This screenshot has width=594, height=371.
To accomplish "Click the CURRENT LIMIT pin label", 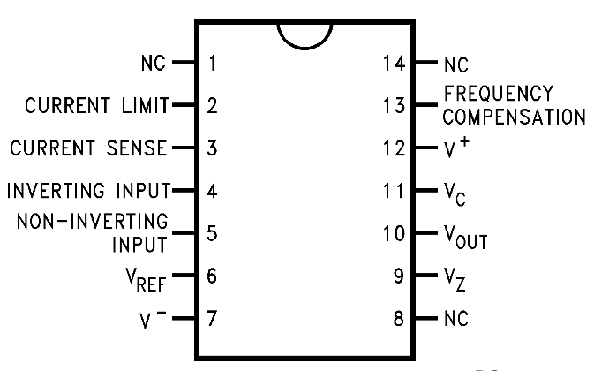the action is pyautogui.click(x=97, y=105).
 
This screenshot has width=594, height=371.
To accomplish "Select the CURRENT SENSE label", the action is pyautogui.click(x=88, y=148).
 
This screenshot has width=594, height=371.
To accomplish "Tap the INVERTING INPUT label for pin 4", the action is pyautogui.click(x=88, y=190).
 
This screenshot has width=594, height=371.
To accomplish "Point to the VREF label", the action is pyautogui.click(x=146, y=280).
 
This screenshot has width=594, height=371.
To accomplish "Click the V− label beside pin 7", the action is pyautogui.click(x=153, y=320).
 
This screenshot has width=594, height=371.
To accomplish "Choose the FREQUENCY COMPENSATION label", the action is pyautogui.click(x=514, y=105).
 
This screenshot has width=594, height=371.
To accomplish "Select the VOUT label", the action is pyautogui.click(x=465, y=238).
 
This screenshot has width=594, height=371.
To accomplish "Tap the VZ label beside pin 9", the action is pyautogui.click(x=455, y=280).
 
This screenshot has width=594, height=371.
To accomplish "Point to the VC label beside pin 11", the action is pyautogui.click(x=455, y=194).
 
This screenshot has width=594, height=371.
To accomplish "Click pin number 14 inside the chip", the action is pyautogui.click(x=394, y=63).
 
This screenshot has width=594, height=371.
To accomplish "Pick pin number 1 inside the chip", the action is pyautogui.click(x=213, y=63).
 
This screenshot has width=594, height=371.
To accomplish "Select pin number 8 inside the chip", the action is pyautogui.click(x=399, y=318).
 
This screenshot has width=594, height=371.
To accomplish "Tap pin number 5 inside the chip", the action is pyautogui.click(x=212, y=233).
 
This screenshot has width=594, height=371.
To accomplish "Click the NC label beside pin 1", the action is pyautogui.click(x=154, y=63).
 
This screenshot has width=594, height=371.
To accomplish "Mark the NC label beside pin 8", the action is pyautogui.click(x=456, y=318).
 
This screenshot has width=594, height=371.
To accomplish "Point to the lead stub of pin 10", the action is pyautogui.click(x=426, y=232).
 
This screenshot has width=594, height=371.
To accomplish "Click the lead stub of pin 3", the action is pyautogui.click(x=184, y=148).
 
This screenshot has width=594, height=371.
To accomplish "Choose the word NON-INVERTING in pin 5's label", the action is pyautogui.click(x=93, y=222).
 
